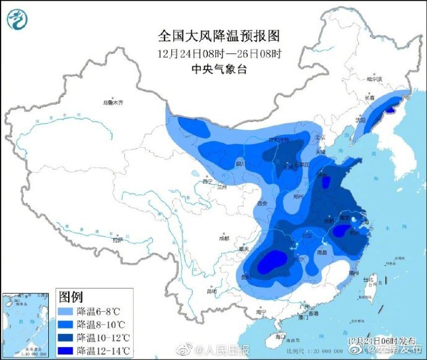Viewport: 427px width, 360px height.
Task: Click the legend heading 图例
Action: pos(71,296)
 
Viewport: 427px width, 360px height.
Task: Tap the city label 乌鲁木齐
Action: pos(113,102)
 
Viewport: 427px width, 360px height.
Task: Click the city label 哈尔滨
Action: pos(375,79)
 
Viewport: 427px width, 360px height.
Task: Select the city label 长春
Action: pos(369,98)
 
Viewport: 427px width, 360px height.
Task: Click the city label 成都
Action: pos(223,238)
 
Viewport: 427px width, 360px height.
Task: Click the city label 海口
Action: pos(280,336)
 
